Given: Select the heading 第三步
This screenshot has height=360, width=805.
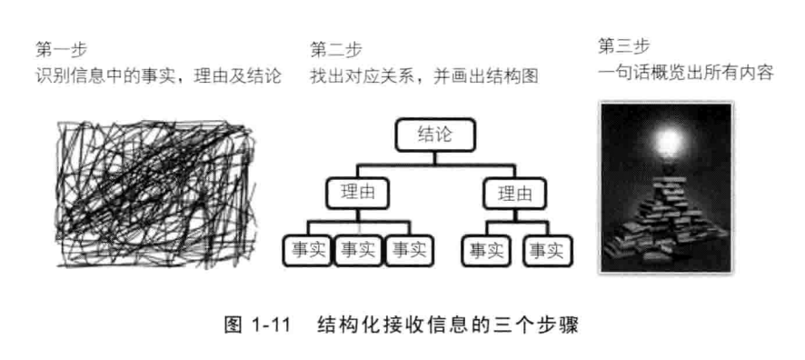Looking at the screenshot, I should pos(619,45).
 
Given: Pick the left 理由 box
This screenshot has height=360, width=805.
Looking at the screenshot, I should pos(356,193).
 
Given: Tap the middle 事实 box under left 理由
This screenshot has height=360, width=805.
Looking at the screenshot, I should pos(358,250).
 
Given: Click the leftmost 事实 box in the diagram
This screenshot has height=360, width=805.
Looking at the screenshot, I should pos(308,250).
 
